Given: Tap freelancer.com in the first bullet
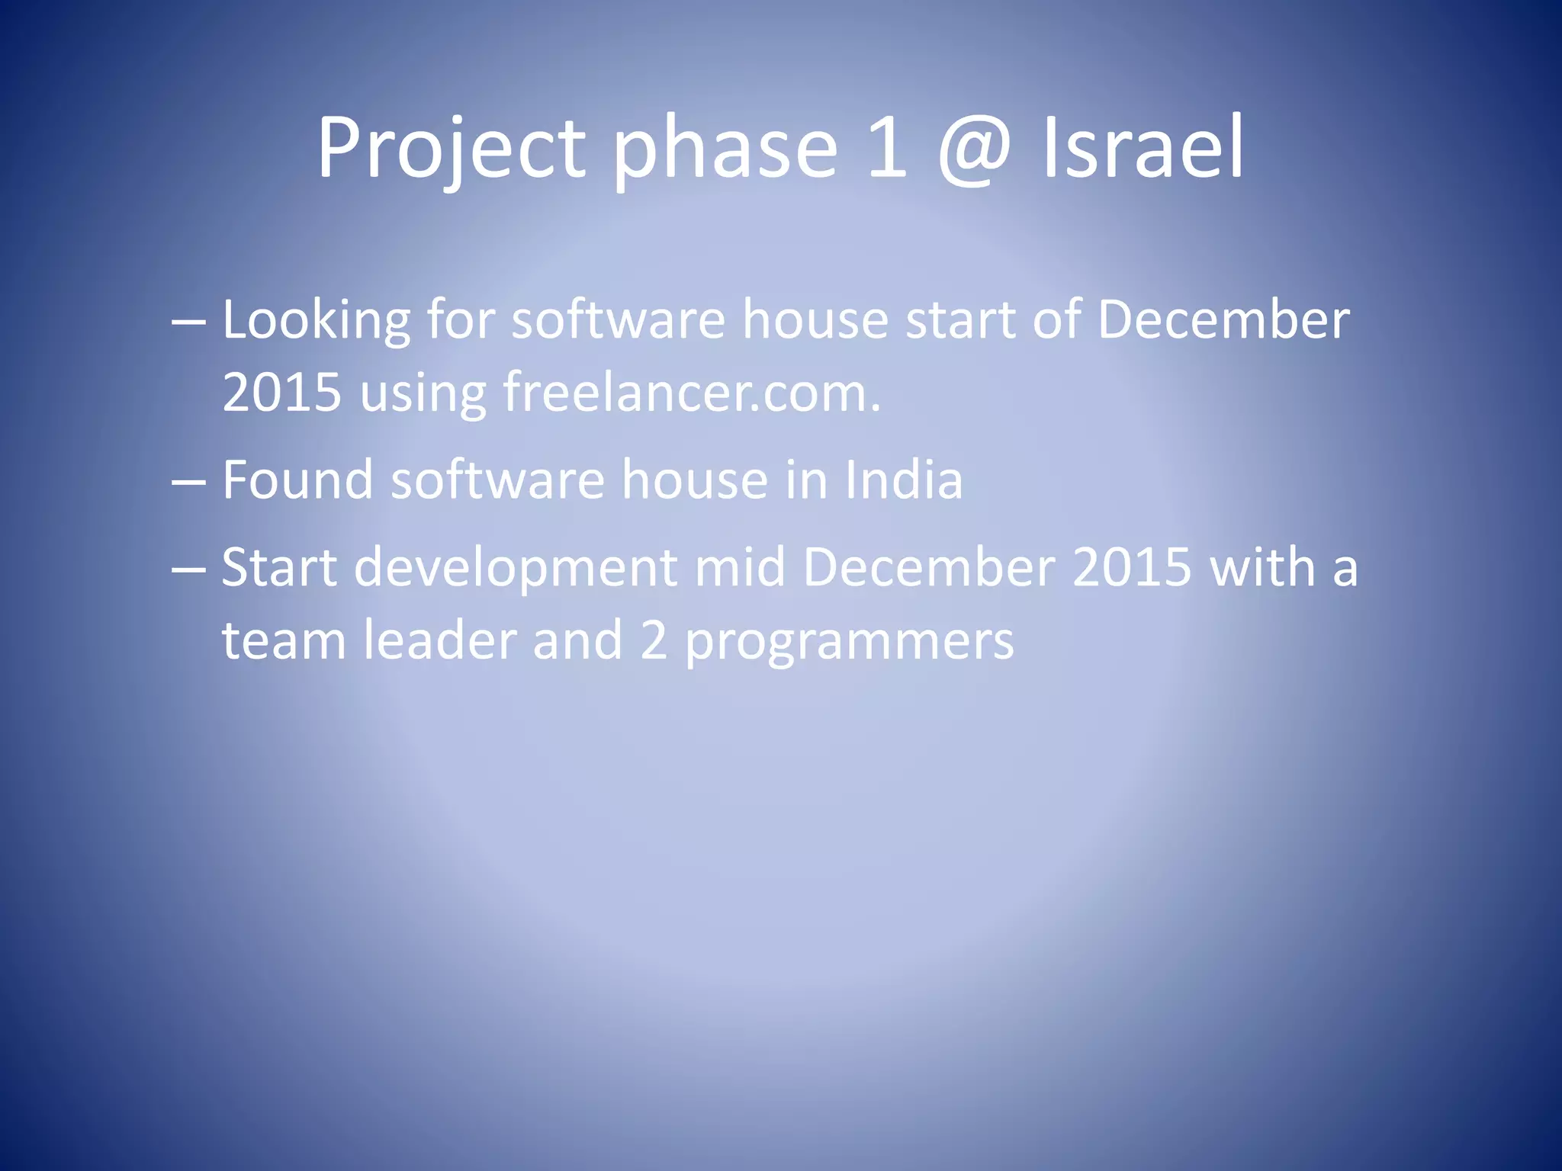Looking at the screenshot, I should coord(692,393).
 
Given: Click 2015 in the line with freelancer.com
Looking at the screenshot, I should coord(281,393).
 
